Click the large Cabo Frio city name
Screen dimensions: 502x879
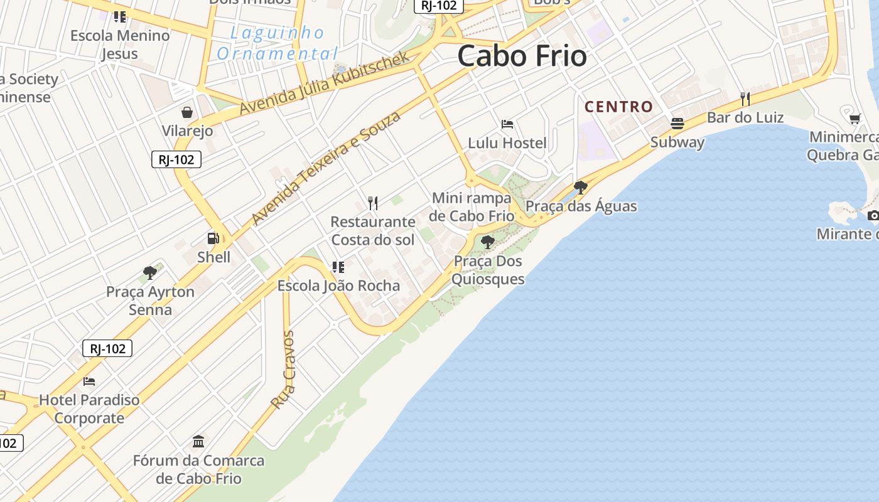tap(522, 56)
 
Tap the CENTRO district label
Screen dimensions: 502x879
tap(619, 107)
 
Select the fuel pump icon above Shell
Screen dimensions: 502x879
tap(213, 238)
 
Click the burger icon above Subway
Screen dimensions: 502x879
tap(677, 123)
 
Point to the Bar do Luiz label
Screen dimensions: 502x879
tap(745, 117)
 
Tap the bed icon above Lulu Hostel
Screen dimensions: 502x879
tap(507, 124)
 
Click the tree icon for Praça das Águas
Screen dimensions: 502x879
tap(581, 187)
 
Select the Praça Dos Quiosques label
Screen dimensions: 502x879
tap(488, 270)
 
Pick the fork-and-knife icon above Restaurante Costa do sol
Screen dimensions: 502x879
tap(373, 203)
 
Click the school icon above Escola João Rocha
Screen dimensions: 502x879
tap(338, 267)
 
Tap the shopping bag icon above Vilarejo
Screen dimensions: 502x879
tap(187, 112)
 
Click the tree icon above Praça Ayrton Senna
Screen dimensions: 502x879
tap(149, 272)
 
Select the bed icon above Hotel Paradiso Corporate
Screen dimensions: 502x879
tap(89, 381)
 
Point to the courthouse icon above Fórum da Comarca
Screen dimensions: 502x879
tap(198, 441)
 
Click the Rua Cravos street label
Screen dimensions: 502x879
tap(284, 370)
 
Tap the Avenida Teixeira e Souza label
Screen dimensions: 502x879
tap(326, 168)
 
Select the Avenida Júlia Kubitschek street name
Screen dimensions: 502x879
tap(325, 82)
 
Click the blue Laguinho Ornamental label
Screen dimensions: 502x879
tap(278, 43)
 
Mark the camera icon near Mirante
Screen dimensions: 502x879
tap(873, 216)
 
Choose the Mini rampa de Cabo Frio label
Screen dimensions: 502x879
tap(472, 207)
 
